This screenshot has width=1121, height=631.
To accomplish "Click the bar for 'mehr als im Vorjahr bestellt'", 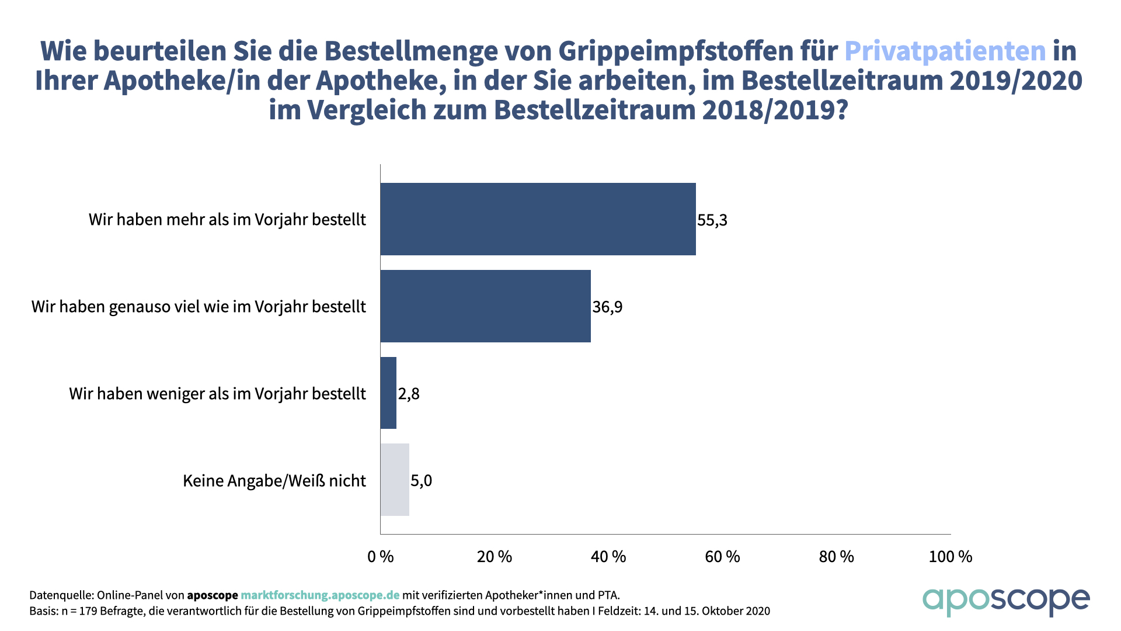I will tap(538, 219).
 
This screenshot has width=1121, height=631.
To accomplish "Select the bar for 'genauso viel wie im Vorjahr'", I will tap(485, 306).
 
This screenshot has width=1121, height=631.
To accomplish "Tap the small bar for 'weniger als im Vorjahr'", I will tap(388, 393).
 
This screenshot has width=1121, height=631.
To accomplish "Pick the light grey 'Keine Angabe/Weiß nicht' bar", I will tap(395, 480).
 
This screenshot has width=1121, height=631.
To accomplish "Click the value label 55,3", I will tap(712, 220).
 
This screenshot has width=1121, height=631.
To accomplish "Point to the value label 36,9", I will tap(607, 307).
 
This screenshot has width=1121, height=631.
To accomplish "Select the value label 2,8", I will tap(409, 394).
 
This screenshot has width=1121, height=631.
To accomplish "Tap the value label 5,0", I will tap(421, 481).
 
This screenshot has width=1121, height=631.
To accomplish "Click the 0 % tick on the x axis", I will tap(381, 557).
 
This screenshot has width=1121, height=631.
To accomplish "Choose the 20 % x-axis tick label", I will tap(495, 557).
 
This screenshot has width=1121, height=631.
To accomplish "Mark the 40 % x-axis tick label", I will tap(608, 557).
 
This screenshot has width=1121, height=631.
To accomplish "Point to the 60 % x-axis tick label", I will tap(722, 557).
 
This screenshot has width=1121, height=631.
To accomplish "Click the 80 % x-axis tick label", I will tap(836, 557).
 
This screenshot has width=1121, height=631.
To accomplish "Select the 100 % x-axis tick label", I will tap(951, 557).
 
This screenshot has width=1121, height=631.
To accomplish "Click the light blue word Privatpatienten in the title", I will tap(945, 51).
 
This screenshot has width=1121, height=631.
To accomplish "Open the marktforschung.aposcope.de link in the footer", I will tap(320, 595).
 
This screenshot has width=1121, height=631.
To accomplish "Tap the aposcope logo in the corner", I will tap(1005, 601).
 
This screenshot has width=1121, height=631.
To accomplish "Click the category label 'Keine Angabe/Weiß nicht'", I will tap(274, 481).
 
